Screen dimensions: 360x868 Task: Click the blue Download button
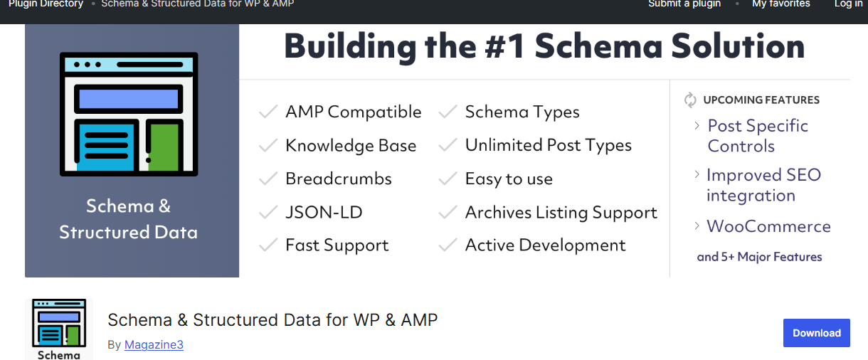[816, 333]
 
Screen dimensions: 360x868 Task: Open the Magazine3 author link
[154, 345]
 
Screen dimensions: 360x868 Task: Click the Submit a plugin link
[684, 4]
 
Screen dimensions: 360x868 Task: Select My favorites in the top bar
[780, 4]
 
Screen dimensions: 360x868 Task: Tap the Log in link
[849, 4]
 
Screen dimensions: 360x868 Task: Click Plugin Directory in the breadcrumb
[46, 4]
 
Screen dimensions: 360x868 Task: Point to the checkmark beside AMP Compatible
[268, 112]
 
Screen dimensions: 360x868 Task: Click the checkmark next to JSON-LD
[268, 213]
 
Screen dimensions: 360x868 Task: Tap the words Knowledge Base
[351, 146]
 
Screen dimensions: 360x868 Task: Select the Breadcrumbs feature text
[339, 179]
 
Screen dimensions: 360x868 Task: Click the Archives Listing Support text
[561, 213]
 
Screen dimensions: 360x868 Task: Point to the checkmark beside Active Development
[448, 246]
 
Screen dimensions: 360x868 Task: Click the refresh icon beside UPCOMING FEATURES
[690, 100]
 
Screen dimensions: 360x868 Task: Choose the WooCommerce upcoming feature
[768, 227]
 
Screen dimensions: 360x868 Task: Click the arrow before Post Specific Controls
[697, 126]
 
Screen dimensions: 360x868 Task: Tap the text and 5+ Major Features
[759, 257]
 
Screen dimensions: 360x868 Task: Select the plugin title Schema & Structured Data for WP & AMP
[272, 320]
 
